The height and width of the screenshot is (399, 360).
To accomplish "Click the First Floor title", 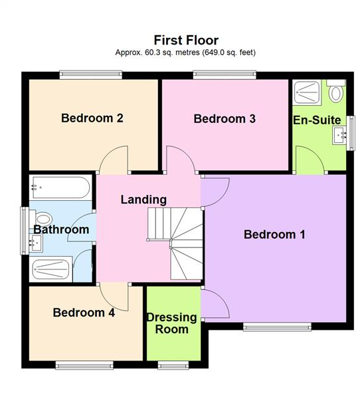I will [x=186, y=41].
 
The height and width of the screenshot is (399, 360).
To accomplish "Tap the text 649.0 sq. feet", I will [x=228, y=52].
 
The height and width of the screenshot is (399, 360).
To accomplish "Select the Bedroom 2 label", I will [x=92, y=118].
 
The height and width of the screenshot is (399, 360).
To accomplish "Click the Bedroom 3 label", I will [x=225, y=119].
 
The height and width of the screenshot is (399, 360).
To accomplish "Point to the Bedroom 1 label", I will [x=274, y=234].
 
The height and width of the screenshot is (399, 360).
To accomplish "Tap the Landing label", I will [x=143, y=199].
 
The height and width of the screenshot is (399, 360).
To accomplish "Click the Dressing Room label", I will [x=171, y=323].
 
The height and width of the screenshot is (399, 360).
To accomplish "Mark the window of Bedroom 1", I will [x=276, y=326].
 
